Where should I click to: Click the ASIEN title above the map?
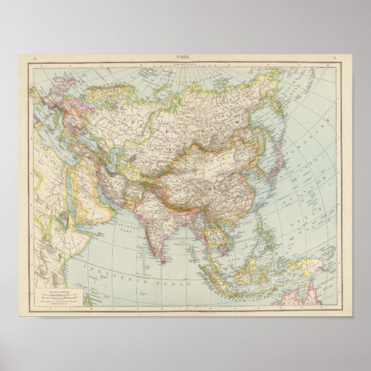pyautogui.click(x=185, y=56)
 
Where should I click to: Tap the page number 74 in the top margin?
pyautogui.click(x=35, y=57)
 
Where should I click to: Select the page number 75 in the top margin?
pyautogui.click(x=334, y=57)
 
